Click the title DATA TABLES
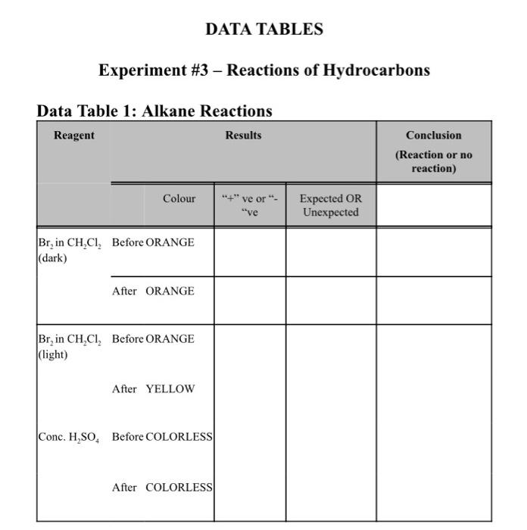click(263, 30)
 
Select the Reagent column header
click(74, 136)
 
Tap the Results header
click(243, 136)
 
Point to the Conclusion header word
click(433, 136)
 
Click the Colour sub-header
click(179, 198)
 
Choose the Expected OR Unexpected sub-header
click(330, 205)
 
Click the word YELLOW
click(170, 389)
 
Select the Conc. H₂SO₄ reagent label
click(69, 438)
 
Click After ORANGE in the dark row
click(153, 291)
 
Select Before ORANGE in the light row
click(153, 339)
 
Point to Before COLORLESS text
click(162, 438)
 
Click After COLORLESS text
click(162, 488)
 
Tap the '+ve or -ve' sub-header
click(250, 205)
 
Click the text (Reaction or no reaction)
click(433, 161)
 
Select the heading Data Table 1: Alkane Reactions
click(154, 111)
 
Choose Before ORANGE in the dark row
click(153, 243)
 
